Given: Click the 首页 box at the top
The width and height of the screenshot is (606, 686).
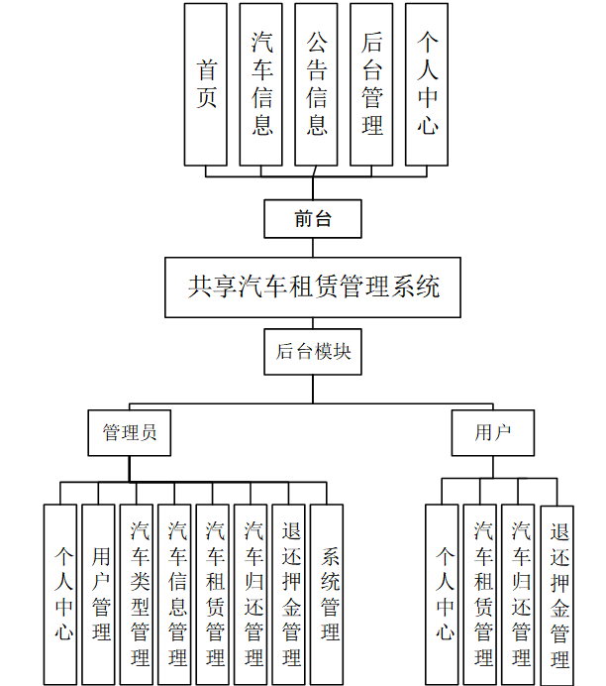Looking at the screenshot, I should [x=206, y=84].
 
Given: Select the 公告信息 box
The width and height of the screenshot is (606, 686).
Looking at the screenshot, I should [x=316, y=84].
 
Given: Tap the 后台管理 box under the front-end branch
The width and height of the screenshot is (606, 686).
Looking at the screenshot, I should [x=371, y=84].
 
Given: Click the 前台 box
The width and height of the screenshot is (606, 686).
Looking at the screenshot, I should [x=313, y=219].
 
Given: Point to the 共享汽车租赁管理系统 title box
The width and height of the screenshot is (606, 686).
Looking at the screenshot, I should [x=313, y=287].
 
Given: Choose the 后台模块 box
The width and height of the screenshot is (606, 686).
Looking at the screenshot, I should [x=313, y=351].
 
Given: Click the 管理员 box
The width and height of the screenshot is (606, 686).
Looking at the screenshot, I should [x=129, y=432].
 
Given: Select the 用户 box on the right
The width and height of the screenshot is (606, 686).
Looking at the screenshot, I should [x=491, y=432].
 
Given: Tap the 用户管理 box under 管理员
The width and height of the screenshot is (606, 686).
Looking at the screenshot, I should [x=99, y=594].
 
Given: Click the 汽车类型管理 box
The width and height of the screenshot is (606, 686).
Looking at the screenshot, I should [x=137, y=594].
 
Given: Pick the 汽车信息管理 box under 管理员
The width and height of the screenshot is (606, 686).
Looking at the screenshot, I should [x=175, y=594].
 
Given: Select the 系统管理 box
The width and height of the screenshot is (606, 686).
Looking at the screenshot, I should [x=327, y=594].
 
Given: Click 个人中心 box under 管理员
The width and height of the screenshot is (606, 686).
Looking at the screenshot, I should [x=60, y=594].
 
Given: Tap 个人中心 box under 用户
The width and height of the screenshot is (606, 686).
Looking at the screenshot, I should [x=442, y=594].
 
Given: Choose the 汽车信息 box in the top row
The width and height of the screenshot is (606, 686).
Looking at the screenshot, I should [x=261, y=84].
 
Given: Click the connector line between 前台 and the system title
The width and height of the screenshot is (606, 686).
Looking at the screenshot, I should [x=313, y=248].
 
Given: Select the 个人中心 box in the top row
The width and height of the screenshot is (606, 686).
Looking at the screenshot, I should [x=427, y=84].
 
